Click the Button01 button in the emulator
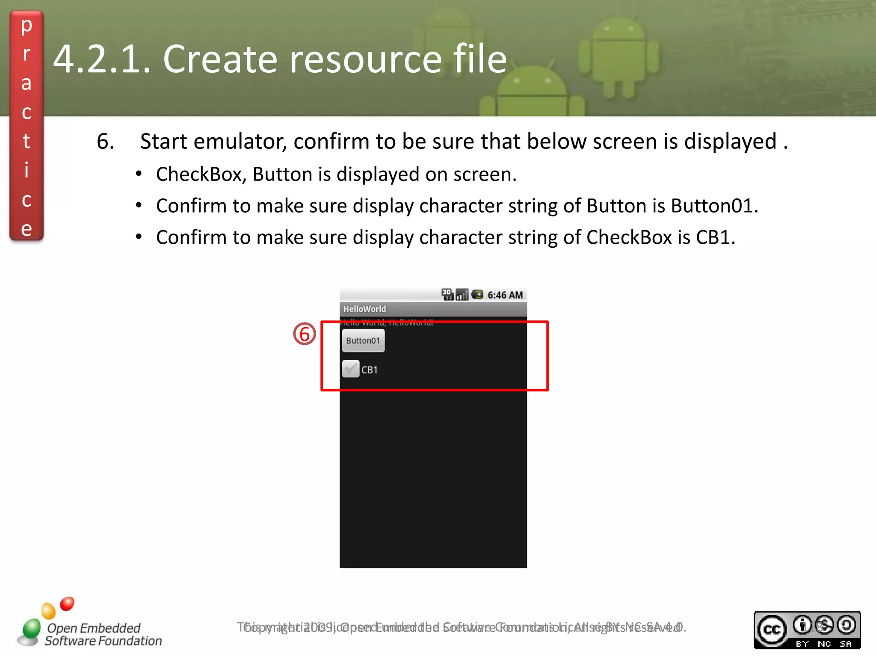click(x=363, y=340)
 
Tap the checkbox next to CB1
click(x=350, y=369)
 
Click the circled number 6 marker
click(x=304, y=334)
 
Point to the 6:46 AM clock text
click(x=505, y=295)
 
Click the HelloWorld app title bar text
click(x=364, y=309)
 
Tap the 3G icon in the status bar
click(x=447, y=294)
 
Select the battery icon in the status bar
click(x=477, y=294)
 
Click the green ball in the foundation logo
click(x=31, y=629)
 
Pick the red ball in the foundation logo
click(x=67, y=604)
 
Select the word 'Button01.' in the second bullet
click(x=715, y=206)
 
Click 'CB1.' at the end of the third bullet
click(x=716, y=237)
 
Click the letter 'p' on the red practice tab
click(x=27, y=26)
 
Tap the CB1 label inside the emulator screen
click(x=370, y=370)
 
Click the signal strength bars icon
click(x=462, y=295)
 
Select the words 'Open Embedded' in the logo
click(x=94, y=628)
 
